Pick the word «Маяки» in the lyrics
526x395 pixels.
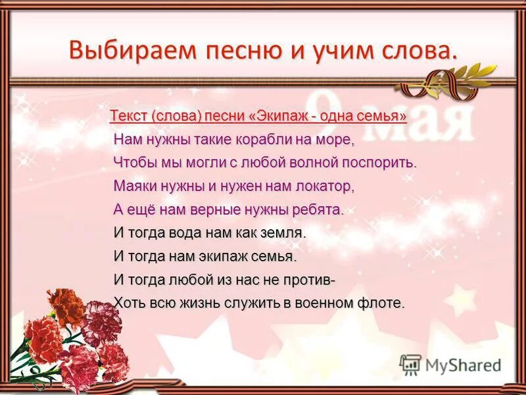coord(134,186)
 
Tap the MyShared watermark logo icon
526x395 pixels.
coord(410,365)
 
